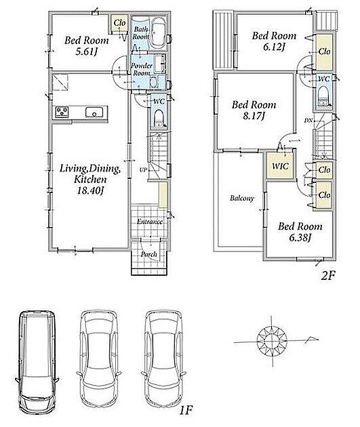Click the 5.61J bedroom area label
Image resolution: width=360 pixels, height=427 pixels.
coord(86,52)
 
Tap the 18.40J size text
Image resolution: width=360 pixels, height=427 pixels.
coord(90,190)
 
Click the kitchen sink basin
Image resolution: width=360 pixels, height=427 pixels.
coord(94,113)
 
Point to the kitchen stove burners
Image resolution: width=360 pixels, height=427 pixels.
coord(62,113)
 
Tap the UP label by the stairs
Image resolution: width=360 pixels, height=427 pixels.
coord(143,170)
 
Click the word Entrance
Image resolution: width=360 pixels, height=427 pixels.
coord(150,222)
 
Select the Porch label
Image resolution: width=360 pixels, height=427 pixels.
coord(149,254)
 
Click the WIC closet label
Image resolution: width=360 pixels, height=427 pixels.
coord(280,166)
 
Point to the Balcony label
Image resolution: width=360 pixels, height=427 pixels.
coord(242,198)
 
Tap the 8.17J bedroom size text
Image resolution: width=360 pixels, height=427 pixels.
coord(254,117)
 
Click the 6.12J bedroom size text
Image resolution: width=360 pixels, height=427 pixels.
coord(274,47)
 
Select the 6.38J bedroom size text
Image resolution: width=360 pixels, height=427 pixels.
coord(300,238)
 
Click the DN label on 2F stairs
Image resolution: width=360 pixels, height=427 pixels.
coord(308,121)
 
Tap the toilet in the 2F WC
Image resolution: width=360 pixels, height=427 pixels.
coord(323,96)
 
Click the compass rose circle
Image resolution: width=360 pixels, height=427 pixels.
coord(272,341)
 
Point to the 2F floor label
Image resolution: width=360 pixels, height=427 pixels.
coord(328,276)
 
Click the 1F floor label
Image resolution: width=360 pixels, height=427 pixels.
coord(186,410)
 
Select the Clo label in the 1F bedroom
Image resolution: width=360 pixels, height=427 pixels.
coord(119,22)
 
